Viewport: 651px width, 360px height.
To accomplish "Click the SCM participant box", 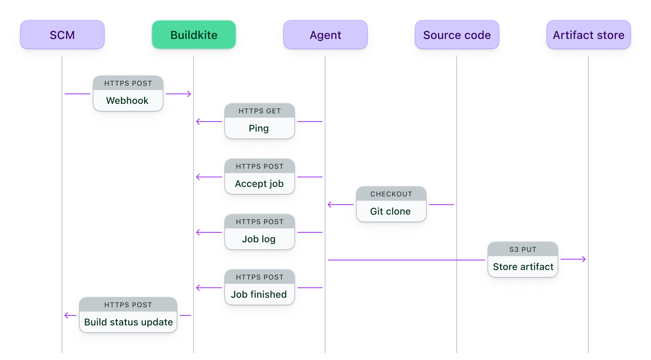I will pos(62,35).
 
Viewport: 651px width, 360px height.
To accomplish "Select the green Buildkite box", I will pos(194,35).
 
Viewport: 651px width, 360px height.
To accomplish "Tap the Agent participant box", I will pos(325,35).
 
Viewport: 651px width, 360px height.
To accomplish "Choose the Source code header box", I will pos(457,35).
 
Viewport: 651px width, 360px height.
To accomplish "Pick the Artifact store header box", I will pos(589,35).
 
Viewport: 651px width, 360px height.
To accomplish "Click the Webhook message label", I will pos(128,100).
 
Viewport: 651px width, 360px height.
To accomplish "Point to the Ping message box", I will pos(259,128).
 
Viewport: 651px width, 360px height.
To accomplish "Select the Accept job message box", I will pos(259,183).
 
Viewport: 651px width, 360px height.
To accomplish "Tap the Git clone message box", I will pos(391,211).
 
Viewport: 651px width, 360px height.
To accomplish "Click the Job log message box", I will pos(259,239).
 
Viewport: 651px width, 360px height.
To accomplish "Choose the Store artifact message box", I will pos(523,267).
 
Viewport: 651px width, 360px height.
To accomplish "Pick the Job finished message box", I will pos(259,294).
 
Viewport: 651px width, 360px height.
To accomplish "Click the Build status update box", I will pos(128,322).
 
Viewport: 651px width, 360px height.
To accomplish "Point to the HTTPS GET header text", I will pos(260,111).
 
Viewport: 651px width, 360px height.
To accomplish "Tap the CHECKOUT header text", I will pos(391,194).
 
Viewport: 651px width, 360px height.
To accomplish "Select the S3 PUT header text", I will pos(523,249).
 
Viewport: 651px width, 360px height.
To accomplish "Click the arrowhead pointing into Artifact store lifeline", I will pos(584,259).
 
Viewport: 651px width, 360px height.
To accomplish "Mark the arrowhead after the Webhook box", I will pos(189,94).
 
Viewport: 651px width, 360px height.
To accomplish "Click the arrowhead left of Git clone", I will pos(330,205).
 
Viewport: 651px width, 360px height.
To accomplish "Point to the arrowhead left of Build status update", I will pos(67,315).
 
